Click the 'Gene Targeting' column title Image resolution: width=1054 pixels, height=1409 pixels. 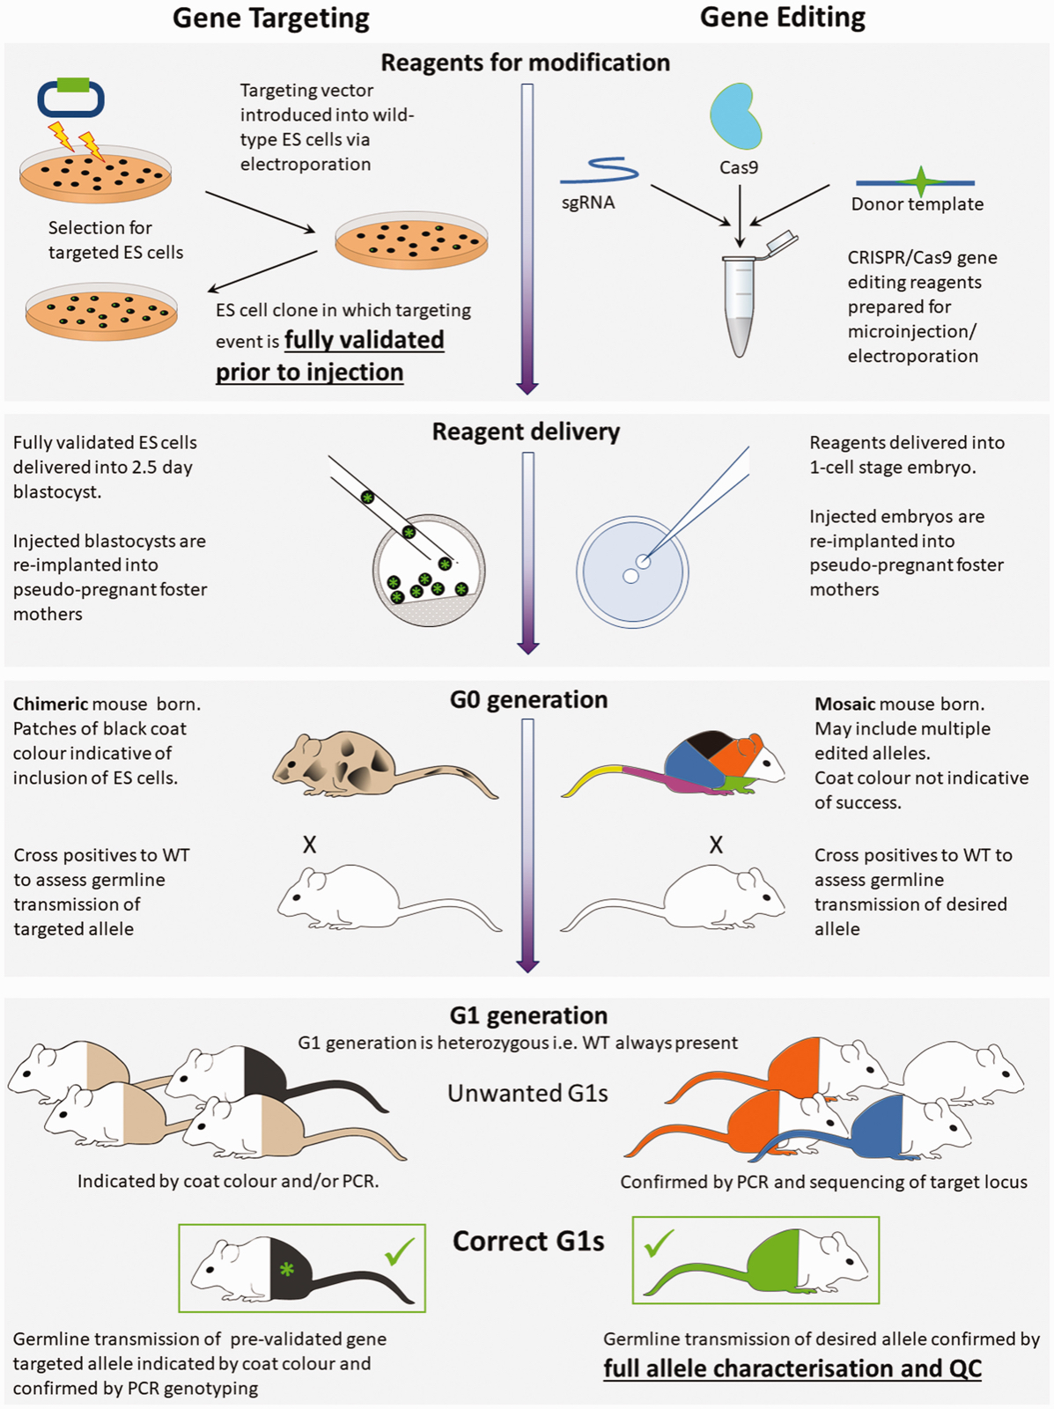[x=271, y=18]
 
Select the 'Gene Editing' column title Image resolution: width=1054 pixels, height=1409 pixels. [x=783, y=18]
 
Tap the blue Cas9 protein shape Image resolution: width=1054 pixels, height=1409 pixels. [x=735, y=115]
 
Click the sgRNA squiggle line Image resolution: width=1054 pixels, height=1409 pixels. [x=600, y=171]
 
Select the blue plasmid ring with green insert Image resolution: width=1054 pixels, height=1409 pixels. [x=70, y=96]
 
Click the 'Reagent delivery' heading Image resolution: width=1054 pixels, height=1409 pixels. [x=526, y=432]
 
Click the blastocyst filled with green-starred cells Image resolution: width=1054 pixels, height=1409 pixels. [x=429, y=570]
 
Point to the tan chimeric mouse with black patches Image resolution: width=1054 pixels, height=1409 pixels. [x=385, y=765]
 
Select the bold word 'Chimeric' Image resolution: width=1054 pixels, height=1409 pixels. [x=50, y=704]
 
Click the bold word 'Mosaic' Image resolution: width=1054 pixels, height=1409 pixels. [x=844, y=704]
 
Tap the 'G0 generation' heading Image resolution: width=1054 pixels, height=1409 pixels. [x=528, y=700]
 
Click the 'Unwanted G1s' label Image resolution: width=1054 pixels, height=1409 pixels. [x=527, y=1093]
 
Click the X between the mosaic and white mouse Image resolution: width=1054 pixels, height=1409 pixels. [x=716, y=845]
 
